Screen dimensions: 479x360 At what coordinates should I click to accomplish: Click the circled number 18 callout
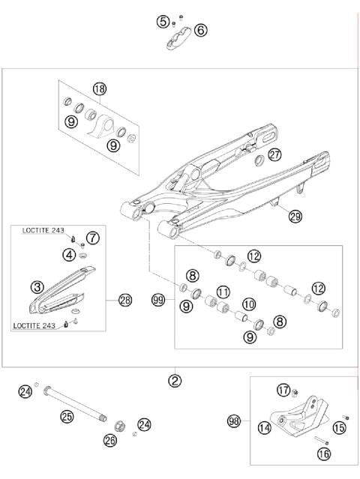[100, 88]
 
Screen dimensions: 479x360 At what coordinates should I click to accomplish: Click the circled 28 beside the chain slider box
[124, 301]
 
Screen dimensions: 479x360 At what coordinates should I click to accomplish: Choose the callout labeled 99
[157, 301]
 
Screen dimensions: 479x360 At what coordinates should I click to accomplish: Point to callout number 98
[233, 421]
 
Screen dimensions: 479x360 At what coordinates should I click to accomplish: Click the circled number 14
[263, 428]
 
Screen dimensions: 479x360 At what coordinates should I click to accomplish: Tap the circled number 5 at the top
[163, 22]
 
